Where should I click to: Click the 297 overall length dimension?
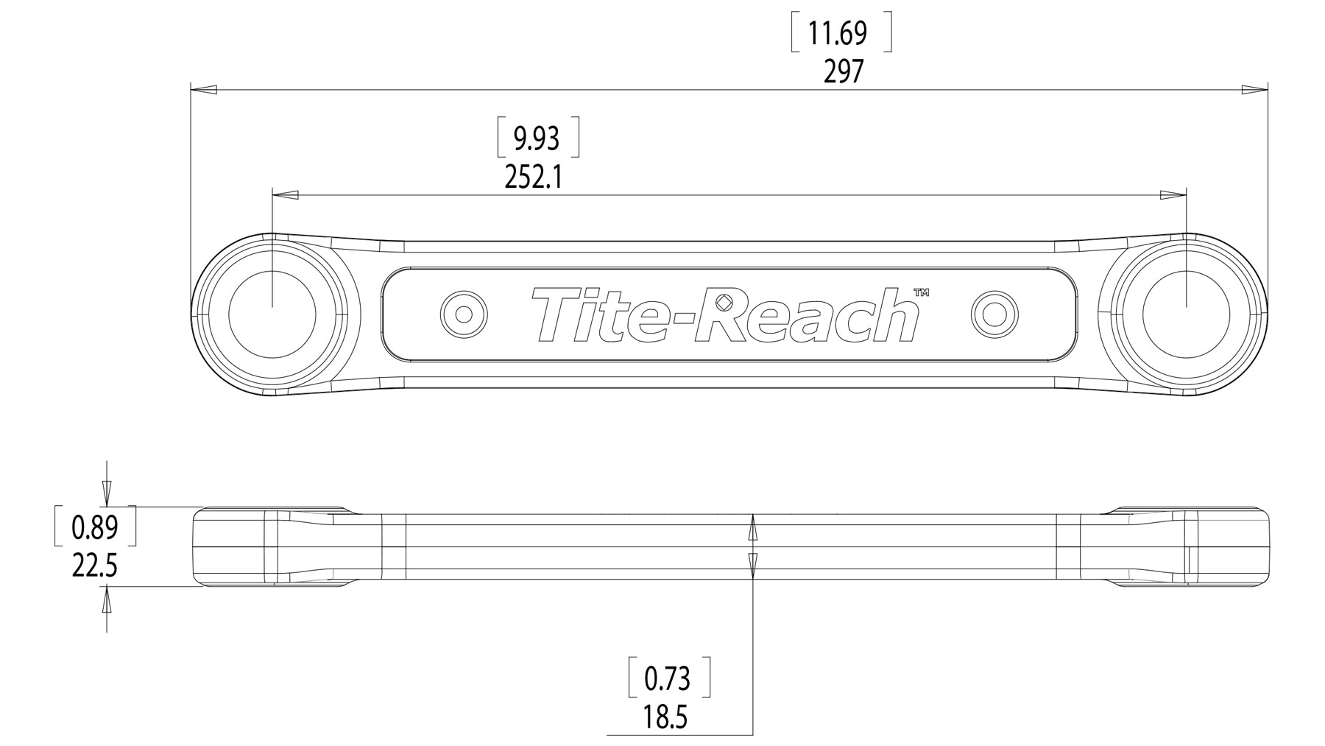[x=843, y=72]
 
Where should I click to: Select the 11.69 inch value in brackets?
[x=838, y=34]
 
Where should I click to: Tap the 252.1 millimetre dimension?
[x=534, y=177]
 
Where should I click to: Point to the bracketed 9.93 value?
[x=537, y=138]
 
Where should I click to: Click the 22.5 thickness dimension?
[x=95, y=566]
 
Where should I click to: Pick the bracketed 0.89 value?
[x=94, y=527]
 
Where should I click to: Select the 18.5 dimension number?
[x=665, y=717]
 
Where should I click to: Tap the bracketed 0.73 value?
[x=667, y=678]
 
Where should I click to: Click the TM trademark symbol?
[x=921, y=292]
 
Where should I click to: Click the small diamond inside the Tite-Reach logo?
[x=724, y=303]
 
